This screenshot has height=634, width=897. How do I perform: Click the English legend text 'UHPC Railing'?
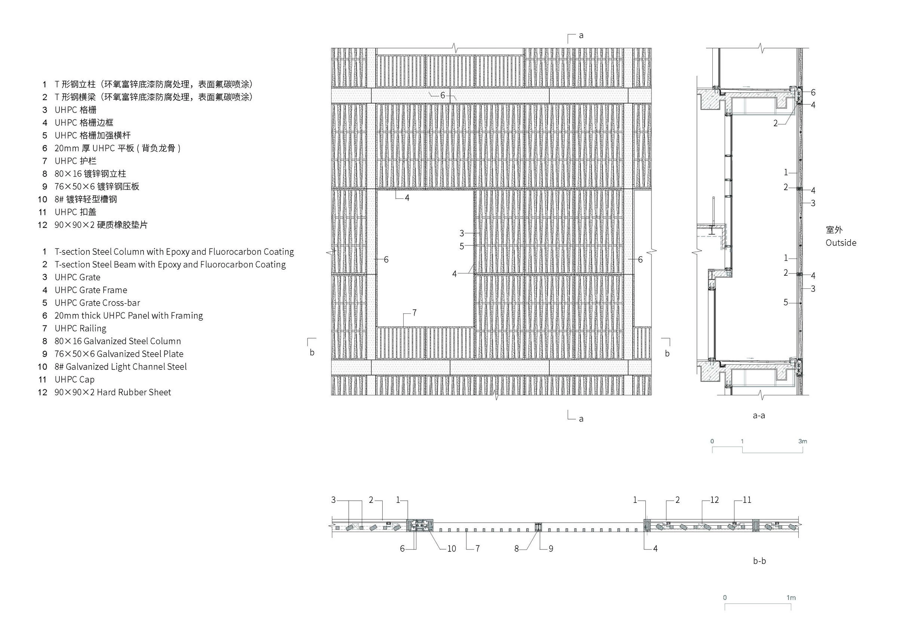(80, 328)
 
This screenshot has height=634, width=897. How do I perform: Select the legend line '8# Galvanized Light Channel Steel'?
(120, 367)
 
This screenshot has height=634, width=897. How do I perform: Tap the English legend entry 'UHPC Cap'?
(74, 379)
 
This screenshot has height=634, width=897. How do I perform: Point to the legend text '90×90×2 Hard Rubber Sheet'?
(112, 392)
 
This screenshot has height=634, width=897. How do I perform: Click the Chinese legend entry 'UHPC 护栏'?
(75, 161)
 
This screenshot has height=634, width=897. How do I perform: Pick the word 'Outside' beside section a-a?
(841, 242)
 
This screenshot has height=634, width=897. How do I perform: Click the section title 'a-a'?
(759, 415)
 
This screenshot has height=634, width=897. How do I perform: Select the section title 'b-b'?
(759, 561)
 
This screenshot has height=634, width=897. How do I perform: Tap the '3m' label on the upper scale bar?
(802, 441)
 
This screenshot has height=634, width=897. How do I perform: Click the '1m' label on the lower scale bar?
(791, 598)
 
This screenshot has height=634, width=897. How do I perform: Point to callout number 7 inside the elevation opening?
(414, 312)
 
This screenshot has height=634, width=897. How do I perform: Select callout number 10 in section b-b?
(451, 548)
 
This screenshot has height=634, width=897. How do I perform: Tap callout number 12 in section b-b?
(714, 500)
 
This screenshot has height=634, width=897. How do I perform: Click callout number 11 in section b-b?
(747, 500)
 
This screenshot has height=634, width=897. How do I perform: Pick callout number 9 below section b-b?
(551, 548)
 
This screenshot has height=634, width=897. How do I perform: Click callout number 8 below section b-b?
(517, 548)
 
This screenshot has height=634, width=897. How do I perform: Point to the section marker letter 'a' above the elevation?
(581, 35)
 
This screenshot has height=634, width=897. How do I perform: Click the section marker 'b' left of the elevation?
(312, 352)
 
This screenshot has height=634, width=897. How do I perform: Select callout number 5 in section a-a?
(786, 302)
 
